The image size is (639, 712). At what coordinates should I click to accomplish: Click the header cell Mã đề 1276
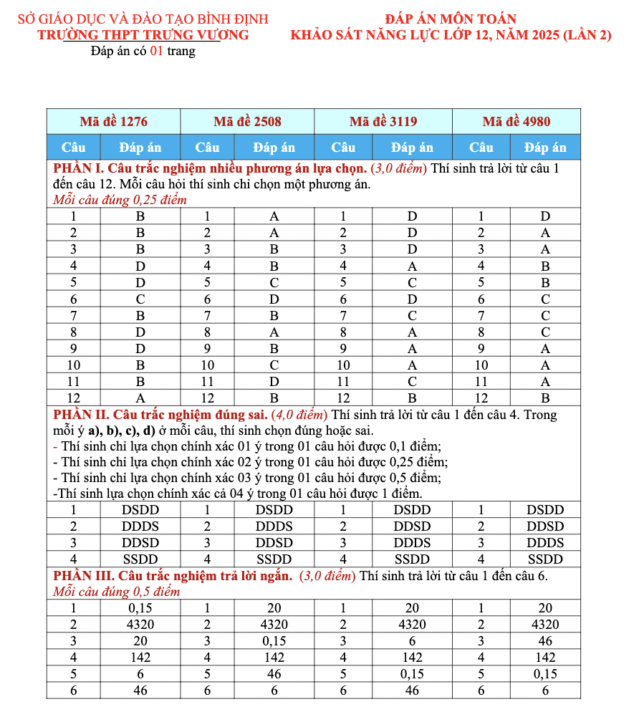(x=114, y=121)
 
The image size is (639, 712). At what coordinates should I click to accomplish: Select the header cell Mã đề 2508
(x=247, y=121)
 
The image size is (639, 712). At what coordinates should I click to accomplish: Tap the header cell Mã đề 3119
(x=383, y=121)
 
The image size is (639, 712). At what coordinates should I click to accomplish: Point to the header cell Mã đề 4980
(x=517, y=121)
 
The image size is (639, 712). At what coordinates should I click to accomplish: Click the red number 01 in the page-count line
(x=156, y=51)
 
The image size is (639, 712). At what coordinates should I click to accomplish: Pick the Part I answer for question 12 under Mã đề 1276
(x=140, y=398)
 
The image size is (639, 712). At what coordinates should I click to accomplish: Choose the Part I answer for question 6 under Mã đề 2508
(x=274, y=299)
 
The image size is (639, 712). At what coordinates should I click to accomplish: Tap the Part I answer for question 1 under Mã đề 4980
(x=545, y=216)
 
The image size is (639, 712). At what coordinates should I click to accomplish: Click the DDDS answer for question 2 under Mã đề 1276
(x=140, y=526)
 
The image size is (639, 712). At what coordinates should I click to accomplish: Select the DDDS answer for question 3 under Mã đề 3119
(x=413, y=543)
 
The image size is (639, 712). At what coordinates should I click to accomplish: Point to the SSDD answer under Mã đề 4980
(x=545, y=559)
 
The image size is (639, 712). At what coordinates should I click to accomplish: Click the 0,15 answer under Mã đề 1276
(x=140, y=608)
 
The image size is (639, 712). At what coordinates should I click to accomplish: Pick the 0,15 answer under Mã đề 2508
(x=274, y=641)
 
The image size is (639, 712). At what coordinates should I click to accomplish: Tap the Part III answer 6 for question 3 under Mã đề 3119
(x=413, y=641)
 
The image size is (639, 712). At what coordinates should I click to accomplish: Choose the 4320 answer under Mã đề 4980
(x=545, y=625)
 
